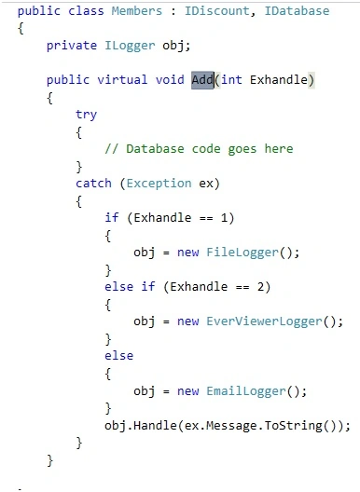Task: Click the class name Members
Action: coord(137,11)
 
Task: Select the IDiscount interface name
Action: coord(216,11)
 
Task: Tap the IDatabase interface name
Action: coord(297,11)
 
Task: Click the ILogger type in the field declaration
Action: coord(130,46)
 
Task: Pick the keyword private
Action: coord(72,46)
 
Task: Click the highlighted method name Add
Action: coord(202,80)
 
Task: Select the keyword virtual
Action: coord(122,80)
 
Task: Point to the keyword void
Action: coord(170,80)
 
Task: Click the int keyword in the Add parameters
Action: coord(231,80)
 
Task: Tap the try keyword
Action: coord(86,115)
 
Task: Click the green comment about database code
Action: coord(199,149)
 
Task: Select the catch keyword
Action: coord(93,184)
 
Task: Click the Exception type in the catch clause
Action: coord(159,184)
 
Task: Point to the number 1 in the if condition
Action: coord(224,218)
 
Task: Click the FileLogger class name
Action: coord(242,253)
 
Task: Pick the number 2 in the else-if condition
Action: coord(261,287)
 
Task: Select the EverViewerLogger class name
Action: coord(264,321)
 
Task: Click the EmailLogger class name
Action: coord(246,391)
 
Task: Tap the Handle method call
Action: coord(156,426)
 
